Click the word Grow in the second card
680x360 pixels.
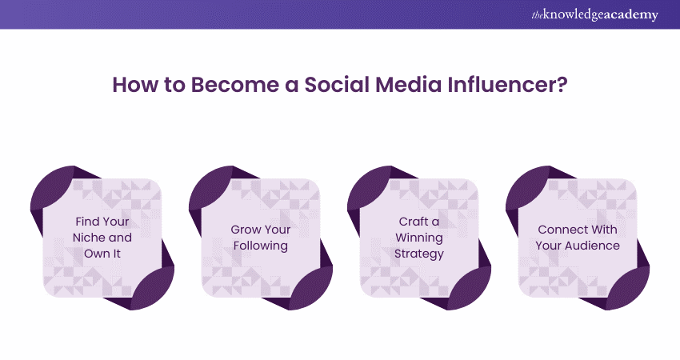tap(246, 230)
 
